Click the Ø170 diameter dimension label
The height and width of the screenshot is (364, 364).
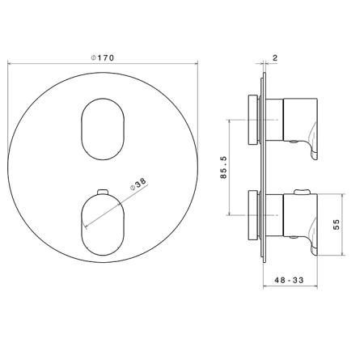(103, 57)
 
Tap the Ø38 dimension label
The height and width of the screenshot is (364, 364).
(138, 184)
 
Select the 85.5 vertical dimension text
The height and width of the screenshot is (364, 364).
(224, 167)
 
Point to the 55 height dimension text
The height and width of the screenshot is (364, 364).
(336, 224)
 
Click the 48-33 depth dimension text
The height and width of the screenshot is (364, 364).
(289, 280)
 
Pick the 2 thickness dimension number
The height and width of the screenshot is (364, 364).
(275, 57)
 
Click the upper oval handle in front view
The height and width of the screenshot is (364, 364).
(103, 129)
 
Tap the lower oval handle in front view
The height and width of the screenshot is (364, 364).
(102, 225)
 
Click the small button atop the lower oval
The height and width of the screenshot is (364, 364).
(103, 192)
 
